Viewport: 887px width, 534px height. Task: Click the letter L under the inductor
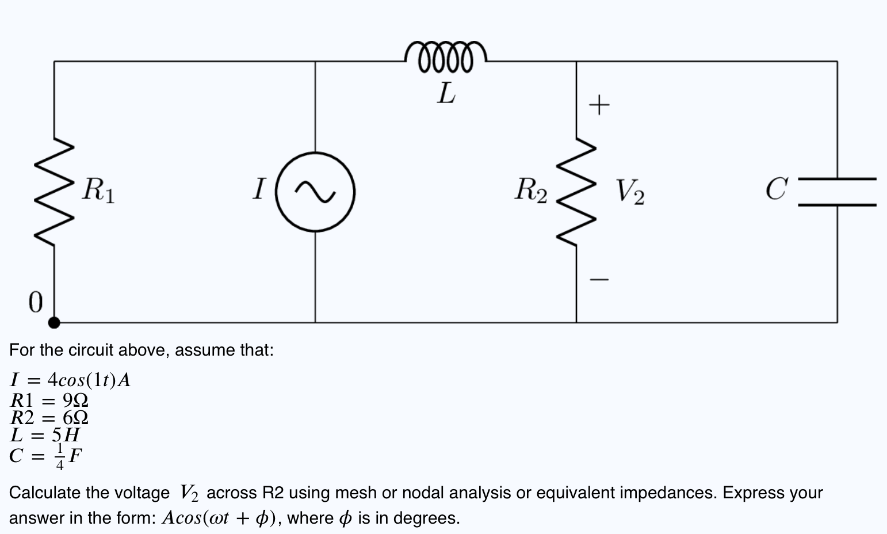[446, 93]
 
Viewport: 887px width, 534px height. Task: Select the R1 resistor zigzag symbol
[54, 192]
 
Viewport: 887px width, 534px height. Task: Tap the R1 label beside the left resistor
[98, 190]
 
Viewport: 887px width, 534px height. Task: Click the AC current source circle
[315, 192]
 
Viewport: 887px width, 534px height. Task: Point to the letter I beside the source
[259, 189]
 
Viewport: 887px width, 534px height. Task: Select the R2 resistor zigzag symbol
[576, 192]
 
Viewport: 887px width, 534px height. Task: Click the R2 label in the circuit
[531, 190]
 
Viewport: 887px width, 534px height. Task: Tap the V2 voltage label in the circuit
[630, 192]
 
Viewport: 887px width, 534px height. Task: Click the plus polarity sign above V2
[599, 105]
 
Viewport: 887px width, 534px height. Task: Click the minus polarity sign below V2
[599, 280]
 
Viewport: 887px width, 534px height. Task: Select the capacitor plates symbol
[837, 192]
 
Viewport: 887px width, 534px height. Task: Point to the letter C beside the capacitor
[776, 189]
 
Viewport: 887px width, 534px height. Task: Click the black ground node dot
[54, 322]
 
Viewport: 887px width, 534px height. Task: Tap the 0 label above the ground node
[36, 302]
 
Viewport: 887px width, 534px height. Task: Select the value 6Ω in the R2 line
[75, 417]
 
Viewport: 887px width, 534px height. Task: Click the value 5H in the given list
[66, 434]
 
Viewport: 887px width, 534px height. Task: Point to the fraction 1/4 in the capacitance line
[59, 456]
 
